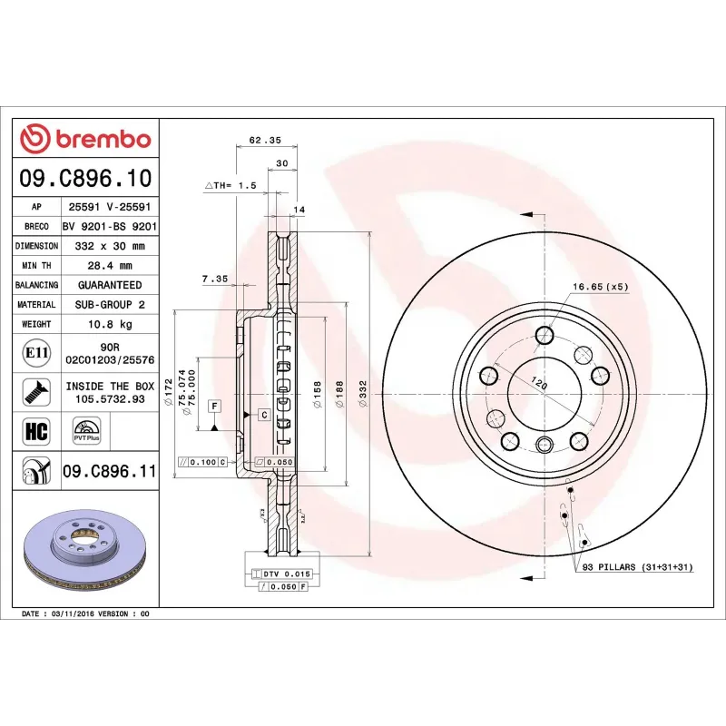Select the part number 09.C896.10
pos(85,178)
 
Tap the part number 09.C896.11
pos(110,471)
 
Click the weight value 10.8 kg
pos(110,324)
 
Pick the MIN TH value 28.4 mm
pos(110,266)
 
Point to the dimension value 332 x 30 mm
pos(110,246)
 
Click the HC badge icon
pos(35,431)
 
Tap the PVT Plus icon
pos(87,431)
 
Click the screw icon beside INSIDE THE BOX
pos(35,392)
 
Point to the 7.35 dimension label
pos(214,279)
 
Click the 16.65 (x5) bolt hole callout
pos(600,287)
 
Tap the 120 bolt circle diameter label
pos(539,384)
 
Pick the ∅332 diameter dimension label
pos(363,395)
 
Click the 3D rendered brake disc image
pos(87,550)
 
